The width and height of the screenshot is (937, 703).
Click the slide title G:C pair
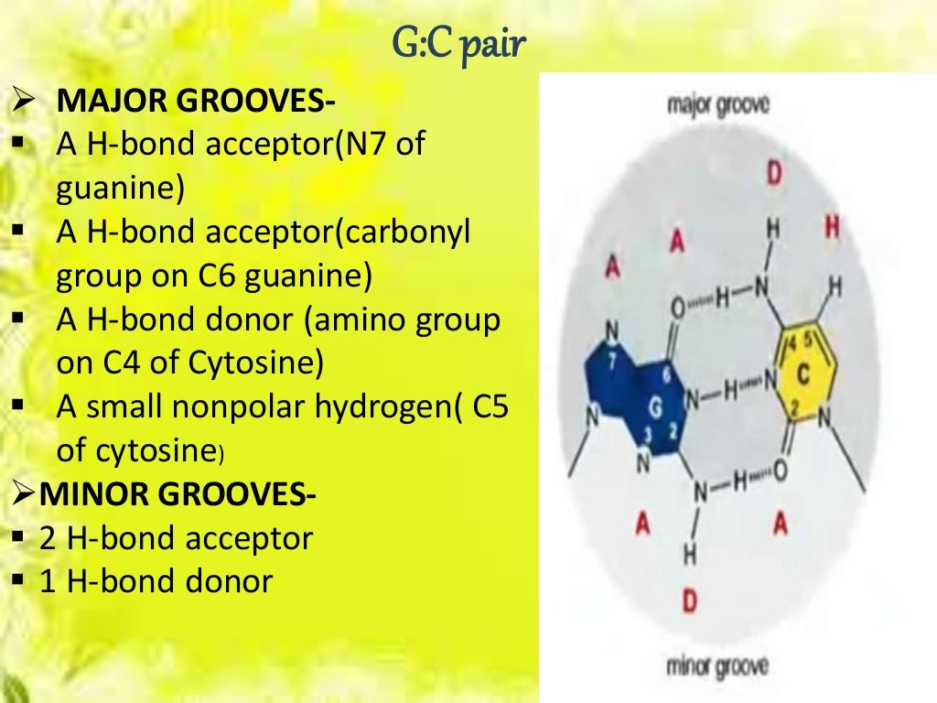(x=459, y=42)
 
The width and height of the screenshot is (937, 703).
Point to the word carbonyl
(x=417, y=233)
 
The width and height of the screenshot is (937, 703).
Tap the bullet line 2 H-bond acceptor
(x=176, y=538)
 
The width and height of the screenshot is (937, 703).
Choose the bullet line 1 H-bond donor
(x=156, y=581)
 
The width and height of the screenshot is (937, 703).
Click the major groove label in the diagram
(x=719, y=104)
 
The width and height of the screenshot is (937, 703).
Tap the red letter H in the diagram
(x=832, y=225)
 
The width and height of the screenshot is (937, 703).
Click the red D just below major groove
(x=774, y=174)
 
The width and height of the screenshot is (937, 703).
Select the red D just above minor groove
(x=690, y=601)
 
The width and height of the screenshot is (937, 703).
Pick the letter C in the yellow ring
(x=803, y=374)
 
